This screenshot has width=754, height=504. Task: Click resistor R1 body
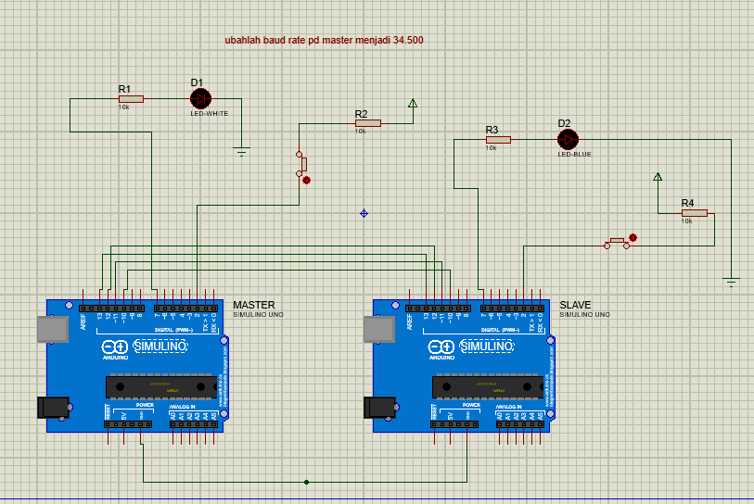click(x=131, y=98)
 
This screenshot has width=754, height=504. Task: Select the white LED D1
click(x=199, y=98)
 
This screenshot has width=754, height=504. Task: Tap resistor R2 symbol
click(x=368, y=122)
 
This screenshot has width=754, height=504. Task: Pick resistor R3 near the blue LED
click(x=498, y=140)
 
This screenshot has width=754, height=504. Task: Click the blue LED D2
click(x=568, y=140)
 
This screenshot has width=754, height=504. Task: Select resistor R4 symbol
click(x=694, y=213)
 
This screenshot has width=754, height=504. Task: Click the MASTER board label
click(x=253, y=305)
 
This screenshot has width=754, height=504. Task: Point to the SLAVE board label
click(x=575, y=305)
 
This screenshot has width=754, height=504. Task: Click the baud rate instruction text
click(x=324, y=41)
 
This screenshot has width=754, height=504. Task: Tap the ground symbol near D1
click(x=242, y=151)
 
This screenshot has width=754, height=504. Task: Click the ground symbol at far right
click(x=731, y=282)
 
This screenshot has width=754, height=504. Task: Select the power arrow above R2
click(x=413, y=103)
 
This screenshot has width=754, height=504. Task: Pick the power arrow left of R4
click(x=658, y=176)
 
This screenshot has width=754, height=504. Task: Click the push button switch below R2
click(x=301, y=165)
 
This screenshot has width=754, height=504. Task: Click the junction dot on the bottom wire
click(x=307, y=482)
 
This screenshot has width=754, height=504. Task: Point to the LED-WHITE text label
click(x=210, y=114)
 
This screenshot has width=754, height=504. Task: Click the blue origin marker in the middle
click(x=364, y=213)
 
